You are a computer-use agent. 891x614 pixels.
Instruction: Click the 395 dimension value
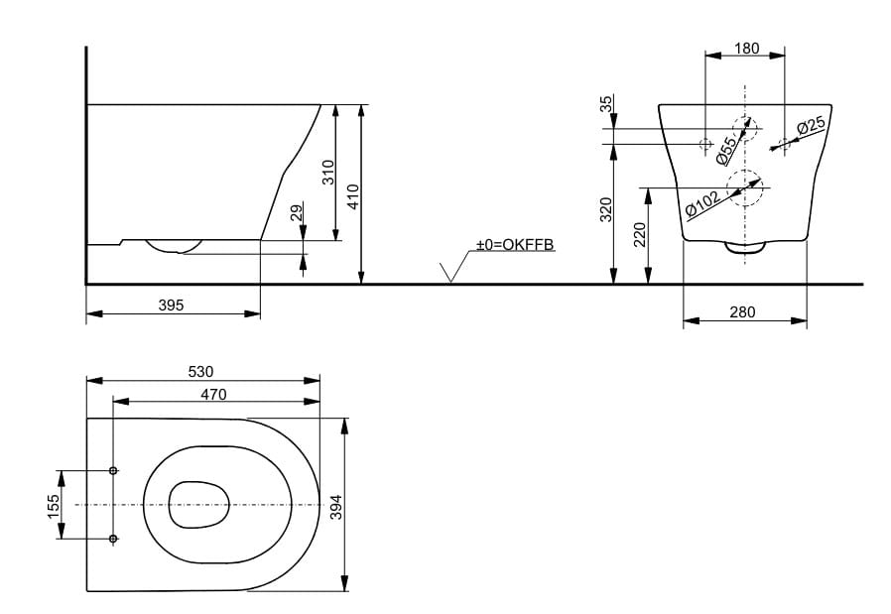click(171, 306)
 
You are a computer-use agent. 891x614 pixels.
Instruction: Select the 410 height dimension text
click(353, 196)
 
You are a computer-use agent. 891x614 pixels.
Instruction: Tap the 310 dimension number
click(327, 173)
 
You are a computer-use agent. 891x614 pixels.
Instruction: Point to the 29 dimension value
click(297, 213)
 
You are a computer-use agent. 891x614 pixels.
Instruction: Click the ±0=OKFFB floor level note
click(515, 244)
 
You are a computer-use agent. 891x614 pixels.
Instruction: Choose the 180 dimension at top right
click(746, 49)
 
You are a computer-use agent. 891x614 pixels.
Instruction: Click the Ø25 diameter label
click(811, 126)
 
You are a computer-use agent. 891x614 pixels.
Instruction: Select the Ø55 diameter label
click(726, 150)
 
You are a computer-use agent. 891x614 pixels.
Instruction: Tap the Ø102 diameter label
click(702, 204)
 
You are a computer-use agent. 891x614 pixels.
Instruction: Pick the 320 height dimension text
click(606, 209)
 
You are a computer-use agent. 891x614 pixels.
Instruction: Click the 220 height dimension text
click(640, 234)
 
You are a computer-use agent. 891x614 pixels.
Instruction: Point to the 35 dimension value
click(606, 104)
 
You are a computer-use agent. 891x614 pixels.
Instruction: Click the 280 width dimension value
click(743, 312)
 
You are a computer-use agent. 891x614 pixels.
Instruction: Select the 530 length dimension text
click(200, 372)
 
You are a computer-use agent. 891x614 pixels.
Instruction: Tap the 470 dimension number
click(213, 395)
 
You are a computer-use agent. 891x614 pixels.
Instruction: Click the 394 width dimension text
click(336, 507)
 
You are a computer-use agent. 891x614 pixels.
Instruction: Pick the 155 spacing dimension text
click(53, 507)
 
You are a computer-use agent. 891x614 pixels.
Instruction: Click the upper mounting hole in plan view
click(113, 470)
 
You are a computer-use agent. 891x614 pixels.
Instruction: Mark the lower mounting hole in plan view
click(113, 538)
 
